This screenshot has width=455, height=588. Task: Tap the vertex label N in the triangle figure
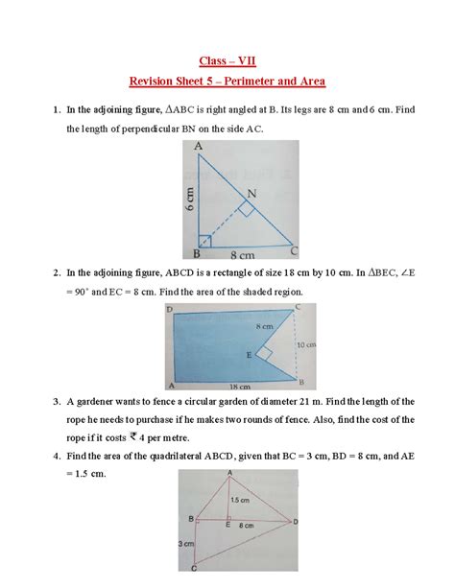(x=252, y=193)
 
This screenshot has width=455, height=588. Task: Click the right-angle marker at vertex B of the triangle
(x=204, y=242)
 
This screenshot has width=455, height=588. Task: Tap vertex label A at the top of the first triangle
(x=197, y=146)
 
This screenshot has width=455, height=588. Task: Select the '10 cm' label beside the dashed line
(x=303, y=343)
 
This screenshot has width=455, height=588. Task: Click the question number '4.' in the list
(x=57, y=455)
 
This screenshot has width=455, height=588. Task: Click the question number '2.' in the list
(x=57, y=273)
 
